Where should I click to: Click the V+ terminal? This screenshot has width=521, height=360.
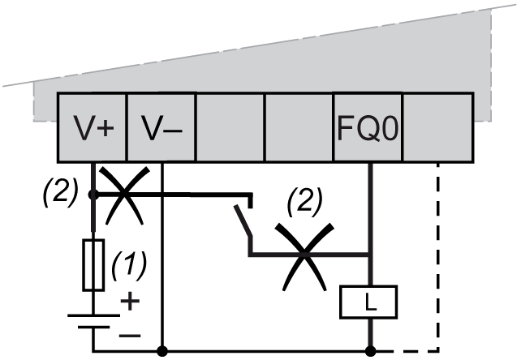[92, 128]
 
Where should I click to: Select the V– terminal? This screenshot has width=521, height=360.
[161, 128]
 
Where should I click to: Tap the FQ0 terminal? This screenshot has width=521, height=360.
[368, 128]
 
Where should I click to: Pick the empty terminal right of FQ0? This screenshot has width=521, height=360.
[438, 128]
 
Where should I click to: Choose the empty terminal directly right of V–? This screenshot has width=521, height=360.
[230, 128]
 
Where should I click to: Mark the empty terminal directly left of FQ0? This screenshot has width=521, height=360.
[299, 128]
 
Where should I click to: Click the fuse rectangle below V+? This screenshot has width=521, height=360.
[94, 264]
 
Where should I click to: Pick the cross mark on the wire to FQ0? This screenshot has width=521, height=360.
[304, 255]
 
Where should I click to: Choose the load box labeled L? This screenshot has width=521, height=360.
[370, 302]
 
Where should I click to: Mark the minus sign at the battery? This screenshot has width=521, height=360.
[130, 332]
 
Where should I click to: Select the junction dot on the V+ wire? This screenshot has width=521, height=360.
[93, 195]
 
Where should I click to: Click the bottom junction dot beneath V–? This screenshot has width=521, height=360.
[162, 351]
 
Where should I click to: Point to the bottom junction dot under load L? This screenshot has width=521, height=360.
[370, 351]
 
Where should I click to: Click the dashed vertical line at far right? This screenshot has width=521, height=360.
[438, 259]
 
